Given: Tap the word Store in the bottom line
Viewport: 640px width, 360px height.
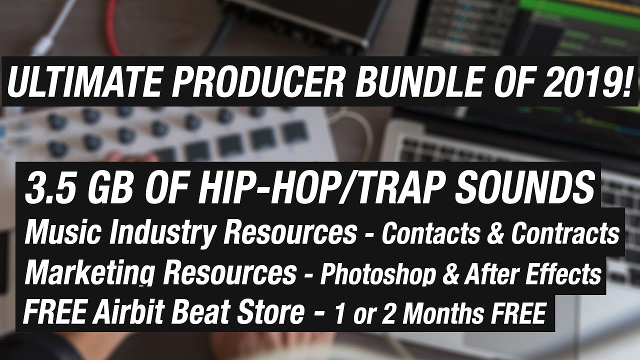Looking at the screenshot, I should click(x=270, y=313).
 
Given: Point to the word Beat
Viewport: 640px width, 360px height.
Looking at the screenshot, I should click(x=197, y=313).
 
